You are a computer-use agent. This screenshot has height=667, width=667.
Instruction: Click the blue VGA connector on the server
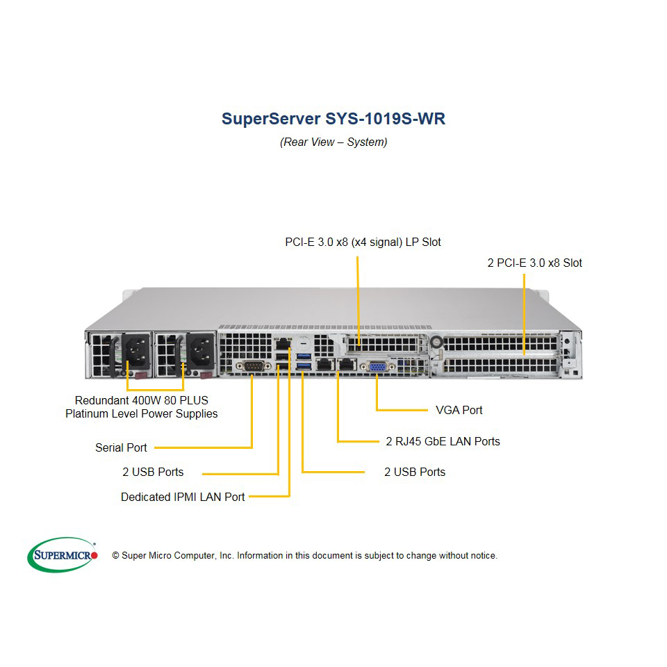pos(377,366)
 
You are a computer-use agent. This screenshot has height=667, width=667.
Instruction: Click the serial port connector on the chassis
pos(254,365)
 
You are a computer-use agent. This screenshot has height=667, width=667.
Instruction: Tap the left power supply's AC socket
pos(137,351)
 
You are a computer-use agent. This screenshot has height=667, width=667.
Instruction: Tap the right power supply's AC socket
pos(201,351)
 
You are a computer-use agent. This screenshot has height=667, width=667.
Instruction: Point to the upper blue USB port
pos(304,356)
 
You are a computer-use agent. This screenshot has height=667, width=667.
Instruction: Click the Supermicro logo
pos(63,554)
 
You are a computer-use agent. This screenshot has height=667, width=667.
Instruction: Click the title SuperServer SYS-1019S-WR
pos(333,119)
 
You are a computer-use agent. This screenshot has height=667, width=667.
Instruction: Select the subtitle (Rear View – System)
pos(333,142)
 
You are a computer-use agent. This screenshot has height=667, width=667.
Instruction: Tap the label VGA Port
pos(459,410)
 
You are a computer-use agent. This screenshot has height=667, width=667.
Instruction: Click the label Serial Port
pos(121,447)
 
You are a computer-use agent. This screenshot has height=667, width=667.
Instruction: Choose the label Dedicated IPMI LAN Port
pos(183,497)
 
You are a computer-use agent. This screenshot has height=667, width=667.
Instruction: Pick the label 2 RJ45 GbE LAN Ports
pos(443,441)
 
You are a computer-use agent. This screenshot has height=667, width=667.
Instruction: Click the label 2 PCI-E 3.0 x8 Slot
pos(535,263)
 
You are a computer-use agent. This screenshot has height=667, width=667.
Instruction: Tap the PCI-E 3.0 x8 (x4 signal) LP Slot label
pos(363,242)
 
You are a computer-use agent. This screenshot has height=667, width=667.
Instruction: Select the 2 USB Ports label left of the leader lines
pos(153,472)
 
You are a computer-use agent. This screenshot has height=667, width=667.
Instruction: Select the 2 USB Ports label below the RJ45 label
pos(415,472)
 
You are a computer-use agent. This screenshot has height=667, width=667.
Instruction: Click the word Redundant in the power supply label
pos(101,400)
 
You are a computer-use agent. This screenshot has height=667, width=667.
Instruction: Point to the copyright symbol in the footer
pos(115,556)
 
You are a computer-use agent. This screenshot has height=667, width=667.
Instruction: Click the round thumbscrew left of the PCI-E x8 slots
pos(436,342)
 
